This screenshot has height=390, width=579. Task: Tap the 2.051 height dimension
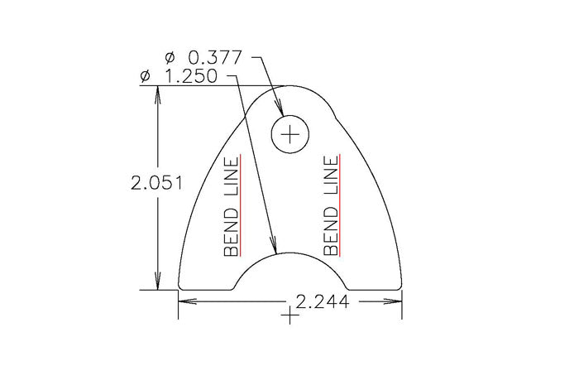coord(156,183)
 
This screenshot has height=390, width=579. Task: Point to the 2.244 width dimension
coord(322,302)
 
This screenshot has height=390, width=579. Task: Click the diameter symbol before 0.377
coord(170,58)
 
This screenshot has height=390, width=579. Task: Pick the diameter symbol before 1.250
coord(146,77)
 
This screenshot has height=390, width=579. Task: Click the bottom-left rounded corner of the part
coord(183,286)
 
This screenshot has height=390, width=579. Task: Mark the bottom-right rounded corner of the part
coord(398,286)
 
